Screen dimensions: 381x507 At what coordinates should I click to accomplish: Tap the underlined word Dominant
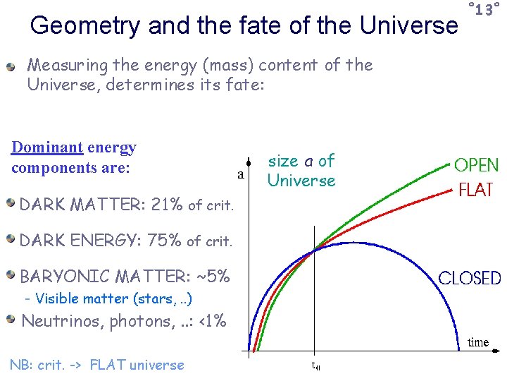point(47,148)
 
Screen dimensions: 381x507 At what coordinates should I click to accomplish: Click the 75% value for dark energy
point(165,240)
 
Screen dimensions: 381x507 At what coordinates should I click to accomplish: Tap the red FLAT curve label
point(476,190)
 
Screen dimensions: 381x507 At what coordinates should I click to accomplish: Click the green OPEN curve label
point(476,166)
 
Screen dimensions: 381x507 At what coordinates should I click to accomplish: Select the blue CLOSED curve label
point(470,278)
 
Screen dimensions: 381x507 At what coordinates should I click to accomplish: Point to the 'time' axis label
point(478,342)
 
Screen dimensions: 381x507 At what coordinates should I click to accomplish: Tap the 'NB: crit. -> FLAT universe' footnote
point(96,365)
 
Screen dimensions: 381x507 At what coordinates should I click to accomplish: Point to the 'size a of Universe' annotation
point(301,171)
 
